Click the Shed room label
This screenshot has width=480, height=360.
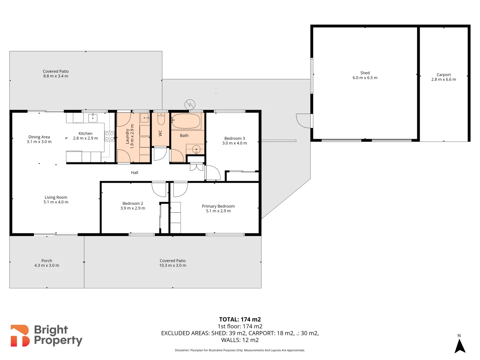click(x=365, y=73)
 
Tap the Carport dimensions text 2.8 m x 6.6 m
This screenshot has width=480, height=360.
click(x=444, y=80)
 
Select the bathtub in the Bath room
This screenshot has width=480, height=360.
click(x=186, y=121)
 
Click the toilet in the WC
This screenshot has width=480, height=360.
click(x=161, y=119)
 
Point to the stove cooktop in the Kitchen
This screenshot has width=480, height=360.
click(x=109, y=136)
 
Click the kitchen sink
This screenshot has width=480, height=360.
click(x=93, y=118)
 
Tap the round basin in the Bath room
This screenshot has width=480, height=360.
click(x=196, y=149)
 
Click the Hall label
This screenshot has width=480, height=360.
click(x=135, y=173)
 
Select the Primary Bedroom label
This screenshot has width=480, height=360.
click(x=218, y=206)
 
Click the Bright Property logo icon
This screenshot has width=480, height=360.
click(x=20, y=336)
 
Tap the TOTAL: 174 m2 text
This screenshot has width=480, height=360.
click(x=240, y=319)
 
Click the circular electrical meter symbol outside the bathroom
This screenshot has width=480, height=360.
click(x=190, y=105)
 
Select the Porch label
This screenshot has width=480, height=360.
click(x=47, y=261)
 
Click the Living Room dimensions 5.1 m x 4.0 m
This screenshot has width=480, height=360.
click(x=56, y=202)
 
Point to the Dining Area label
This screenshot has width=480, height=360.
click(x=39, y=137)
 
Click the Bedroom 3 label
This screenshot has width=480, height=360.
click(x=235, y=138)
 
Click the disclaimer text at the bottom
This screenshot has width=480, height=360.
click(x=240, y=350)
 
